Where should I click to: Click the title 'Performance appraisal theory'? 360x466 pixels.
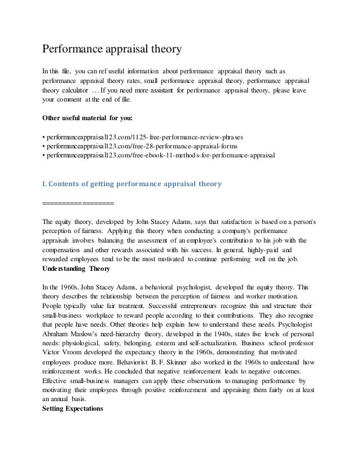(x=112, y=50)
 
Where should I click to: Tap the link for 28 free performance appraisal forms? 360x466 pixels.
(x=138, y=147)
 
